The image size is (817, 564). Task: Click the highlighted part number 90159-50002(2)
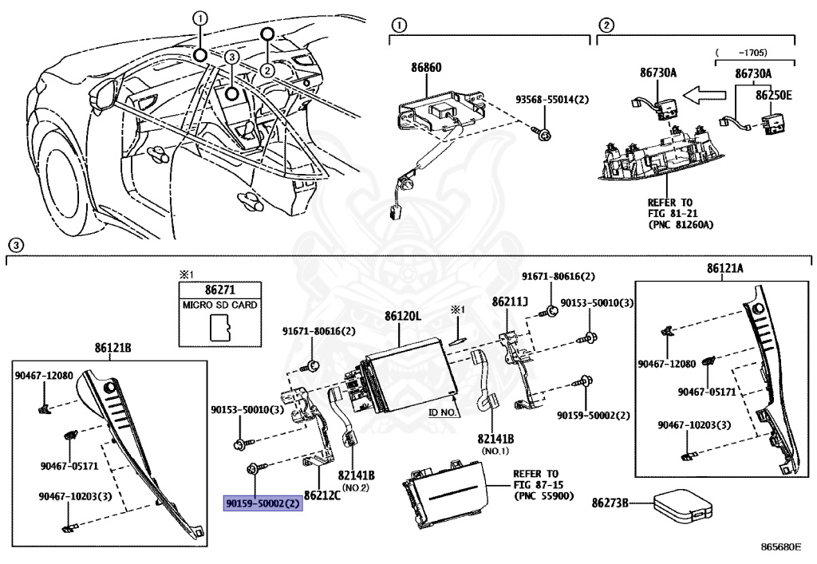(x=262, y=503)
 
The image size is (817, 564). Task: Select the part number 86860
(x=426, y=69)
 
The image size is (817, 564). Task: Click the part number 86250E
(x=774, y=94)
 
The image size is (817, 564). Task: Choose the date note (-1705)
(x=755, y=53)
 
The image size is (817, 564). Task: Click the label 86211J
(x=510, y=302)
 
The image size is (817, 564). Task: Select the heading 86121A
(x=724, y=269)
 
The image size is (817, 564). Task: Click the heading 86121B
(x=112, y=349)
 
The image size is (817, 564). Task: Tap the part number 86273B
(x=610, y=503)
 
